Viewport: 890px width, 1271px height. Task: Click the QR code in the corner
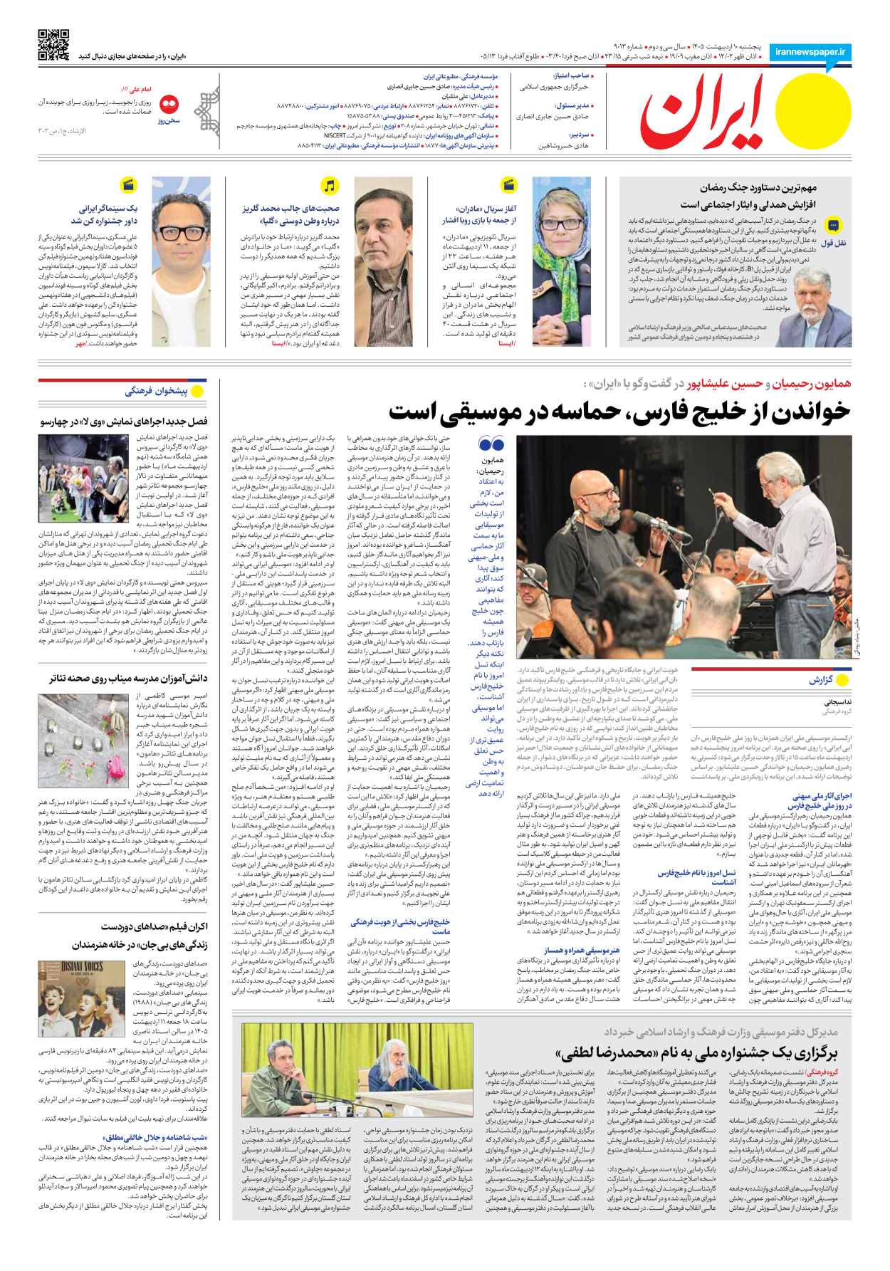(53, 45)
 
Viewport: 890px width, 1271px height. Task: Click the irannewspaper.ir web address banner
(810, 52)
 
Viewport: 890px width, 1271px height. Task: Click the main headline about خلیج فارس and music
(619, 412)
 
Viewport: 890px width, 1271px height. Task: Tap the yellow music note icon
(329, 186)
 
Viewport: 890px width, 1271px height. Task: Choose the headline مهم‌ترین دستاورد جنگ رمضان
(758, 188)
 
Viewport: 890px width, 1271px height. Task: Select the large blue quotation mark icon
(491, 444)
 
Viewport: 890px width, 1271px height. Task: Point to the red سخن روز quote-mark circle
(169, 105)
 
